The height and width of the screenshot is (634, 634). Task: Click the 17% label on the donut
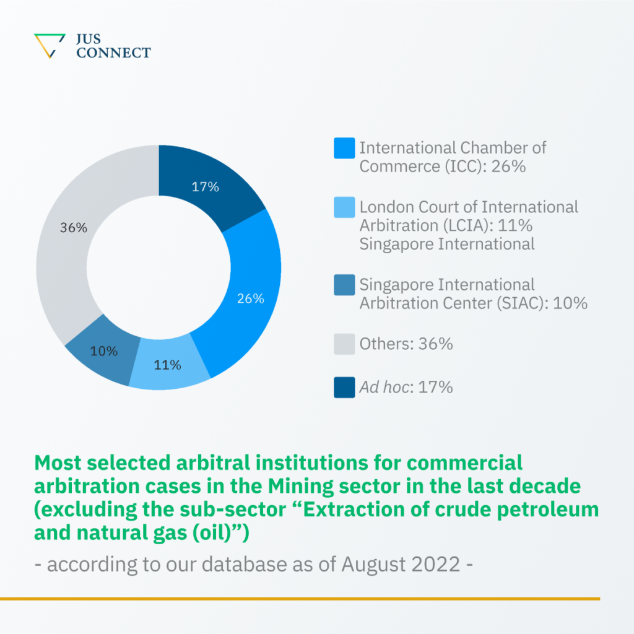click(205, 186)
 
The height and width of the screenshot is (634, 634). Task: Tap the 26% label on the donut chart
click(251, 298)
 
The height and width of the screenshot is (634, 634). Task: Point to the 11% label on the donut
click(167, 365)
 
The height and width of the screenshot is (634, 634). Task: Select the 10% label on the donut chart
click(104, 351)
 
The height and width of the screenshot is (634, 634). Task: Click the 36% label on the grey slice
click(73, 228)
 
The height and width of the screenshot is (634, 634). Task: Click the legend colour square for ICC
click(344, 149)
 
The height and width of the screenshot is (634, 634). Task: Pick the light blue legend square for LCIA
click(344, 207)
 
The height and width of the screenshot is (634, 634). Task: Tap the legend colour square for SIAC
click(344, 285)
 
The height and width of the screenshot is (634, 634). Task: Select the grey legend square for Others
click(344, 344)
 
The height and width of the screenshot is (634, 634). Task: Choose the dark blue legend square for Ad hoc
click(344, 388)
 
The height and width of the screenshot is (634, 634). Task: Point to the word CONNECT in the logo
click(113, 53)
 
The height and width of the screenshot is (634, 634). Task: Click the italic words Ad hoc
click(384, 388)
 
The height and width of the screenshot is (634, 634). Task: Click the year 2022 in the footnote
click(436, 565)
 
